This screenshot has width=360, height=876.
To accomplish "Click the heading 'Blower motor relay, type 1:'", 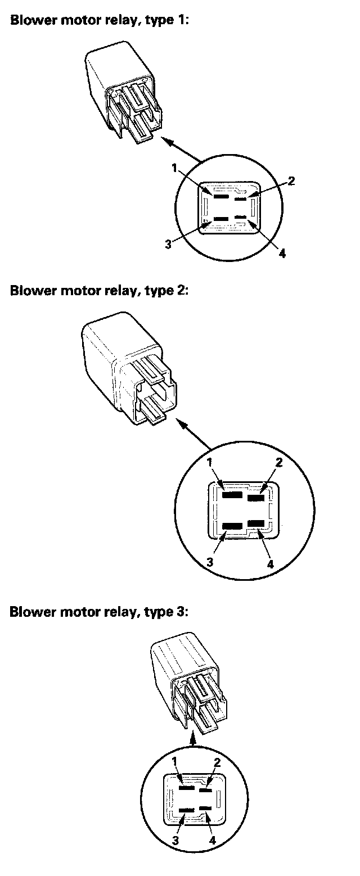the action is click(x=100, y=20).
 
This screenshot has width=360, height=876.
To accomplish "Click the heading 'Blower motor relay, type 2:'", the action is click(x=100, y=291).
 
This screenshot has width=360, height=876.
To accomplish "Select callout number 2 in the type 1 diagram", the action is click(x=291, y=181).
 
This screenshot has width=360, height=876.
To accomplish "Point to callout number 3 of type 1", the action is click(x=168, y=245).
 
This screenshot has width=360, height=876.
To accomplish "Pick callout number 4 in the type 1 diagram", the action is click(x=282, y=253).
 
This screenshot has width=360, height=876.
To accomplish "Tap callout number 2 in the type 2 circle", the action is click(x=278, y=463).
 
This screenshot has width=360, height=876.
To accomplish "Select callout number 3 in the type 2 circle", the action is click(x=210, y=562).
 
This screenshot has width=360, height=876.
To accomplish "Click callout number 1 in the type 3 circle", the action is click(x=174, y=761).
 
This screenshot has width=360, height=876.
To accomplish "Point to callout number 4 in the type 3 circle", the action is click(x=213, y=839).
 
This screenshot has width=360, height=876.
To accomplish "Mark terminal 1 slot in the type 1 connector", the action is click(x=220, y=197).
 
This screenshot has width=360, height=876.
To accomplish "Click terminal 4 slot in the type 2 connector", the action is click(x=256, y=523).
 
